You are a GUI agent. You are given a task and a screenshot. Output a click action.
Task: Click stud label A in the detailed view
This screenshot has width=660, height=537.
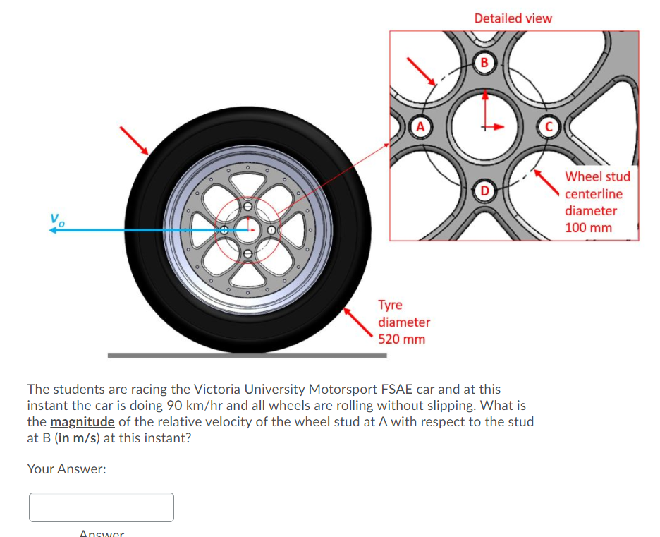(x=421, y=127)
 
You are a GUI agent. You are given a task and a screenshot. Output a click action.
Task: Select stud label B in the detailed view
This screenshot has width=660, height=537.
(x=484, y=61)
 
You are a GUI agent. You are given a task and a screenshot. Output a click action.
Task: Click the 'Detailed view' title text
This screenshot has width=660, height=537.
(x=513, y=18)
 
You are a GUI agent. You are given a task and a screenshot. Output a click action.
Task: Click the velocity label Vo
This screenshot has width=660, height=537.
(x=56, y=219)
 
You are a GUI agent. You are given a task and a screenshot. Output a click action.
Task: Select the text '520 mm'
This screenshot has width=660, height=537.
(x=402, y=339)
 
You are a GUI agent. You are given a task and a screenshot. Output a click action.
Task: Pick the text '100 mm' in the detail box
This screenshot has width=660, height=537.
(x=588, y=227)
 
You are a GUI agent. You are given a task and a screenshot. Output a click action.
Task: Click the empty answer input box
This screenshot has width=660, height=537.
(x=102, y=507)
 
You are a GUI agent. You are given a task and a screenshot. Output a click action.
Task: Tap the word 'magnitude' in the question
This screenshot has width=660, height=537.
(x=82, y=422)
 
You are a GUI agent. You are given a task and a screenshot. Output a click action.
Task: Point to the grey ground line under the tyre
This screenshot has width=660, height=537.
(x=247, y=355)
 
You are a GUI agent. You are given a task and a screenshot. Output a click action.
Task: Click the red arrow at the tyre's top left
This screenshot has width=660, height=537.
(x=134, y=140)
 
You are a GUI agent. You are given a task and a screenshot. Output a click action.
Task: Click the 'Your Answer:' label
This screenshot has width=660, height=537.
(x=66, y=469)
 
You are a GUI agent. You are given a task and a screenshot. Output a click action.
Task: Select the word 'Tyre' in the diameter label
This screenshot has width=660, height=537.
(x=390, y=305)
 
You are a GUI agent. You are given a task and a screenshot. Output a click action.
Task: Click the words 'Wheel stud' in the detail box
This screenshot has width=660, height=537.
(x=597, y=176)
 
